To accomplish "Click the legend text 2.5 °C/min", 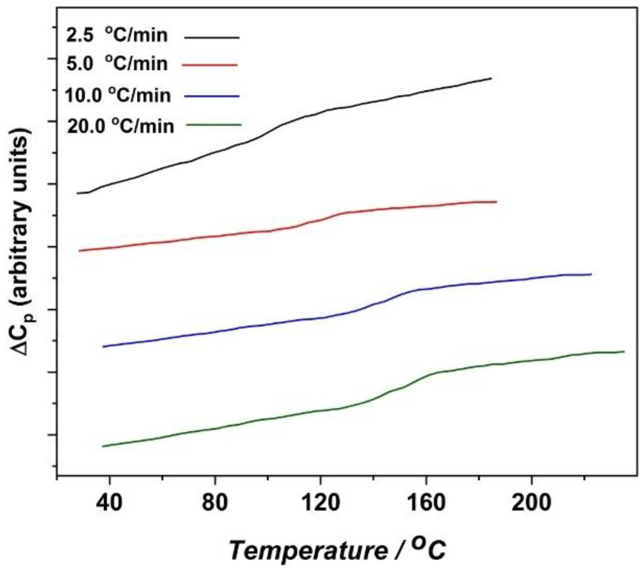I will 117,35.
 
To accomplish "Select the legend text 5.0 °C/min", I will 117,64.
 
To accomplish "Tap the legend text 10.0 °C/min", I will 118,95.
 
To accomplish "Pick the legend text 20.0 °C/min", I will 120,126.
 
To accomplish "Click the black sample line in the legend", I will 212,38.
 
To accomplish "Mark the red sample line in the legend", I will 210,65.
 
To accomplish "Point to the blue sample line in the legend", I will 212,96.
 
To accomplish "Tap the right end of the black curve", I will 491,79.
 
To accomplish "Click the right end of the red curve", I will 496,202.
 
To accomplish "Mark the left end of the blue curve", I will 103,346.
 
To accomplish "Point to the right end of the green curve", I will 623,351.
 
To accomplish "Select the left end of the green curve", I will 103,446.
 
